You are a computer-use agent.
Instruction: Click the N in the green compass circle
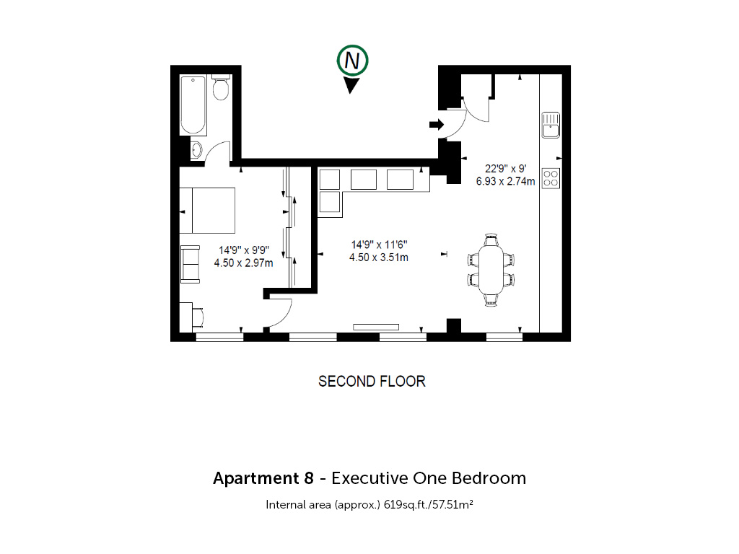[352, 61]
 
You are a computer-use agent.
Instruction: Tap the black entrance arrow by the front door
[437, 124]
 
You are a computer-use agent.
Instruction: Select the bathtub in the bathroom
[193, 105]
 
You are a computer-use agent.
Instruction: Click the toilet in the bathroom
[221, 87]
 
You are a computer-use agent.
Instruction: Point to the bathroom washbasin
[196, 150]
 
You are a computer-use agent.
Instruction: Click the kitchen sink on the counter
[551, 125]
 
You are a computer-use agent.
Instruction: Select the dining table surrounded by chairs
[491, 270]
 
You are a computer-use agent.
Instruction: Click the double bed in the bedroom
[207, 211]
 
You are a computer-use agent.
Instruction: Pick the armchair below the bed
[190, 264]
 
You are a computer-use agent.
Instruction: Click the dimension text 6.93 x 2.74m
[505, 181]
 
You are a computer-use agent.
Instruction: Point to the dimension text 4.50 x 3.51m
[378, 258]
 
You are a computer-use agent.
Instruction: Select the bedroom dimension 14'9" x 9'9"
[244, 250]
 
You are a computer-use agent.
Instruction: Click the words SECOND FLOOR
[372, 381]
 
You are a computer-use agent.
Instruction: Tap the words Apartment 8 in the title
[263, 478]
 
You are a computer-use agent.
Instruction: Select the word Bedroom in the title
[489, 478]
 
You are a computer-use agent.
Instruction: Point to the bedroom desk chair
[198, 317]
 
